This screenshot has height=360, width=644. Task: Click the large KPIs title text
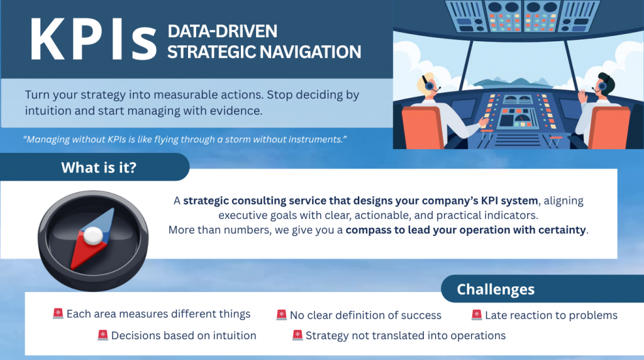coord(93,40)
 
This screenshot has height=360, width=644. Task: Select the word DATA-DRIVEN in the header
coord(222,31)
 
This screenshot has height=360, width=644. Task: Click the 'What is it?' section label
coord(99,167)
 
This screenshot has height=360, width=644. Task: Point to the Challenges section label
coord(496,290)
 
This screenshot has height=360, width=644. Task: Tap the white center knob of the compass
coord(93,235)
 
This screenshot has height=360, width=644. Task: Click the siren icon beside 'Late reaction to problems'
coord(477,315)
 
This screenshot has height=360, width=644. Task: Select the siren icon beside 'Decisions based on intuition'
coord(103,335)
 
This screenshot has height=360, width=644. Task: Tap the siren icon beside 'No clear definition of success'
coord(281,315)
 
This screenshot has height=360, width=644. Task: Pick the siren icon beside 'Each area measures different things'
coord(58,313)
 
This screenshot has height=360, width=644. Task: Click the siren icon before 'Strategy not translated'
coord(297,335)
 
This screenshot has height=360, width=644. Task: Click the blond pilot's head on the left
coord(427,84)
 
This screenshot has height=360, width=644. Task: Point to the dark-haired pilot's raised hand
coord(582,96)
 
